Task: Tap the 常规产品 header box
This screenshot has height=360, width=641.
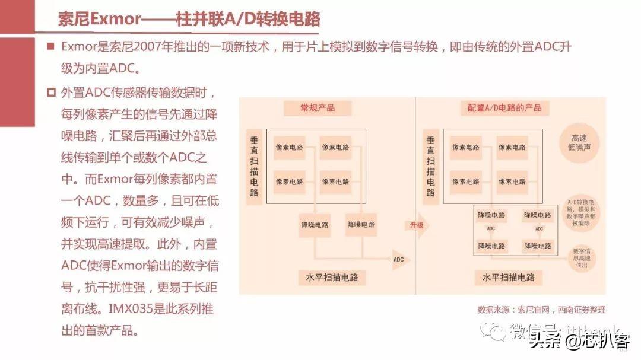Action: pyautogui.click(x=317, y=108)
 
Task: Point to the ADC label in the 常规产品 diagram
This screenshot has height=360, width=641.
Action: pyautogui.click(x=398, y=259)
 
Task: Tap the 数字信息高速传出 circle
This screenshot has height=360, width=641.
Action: pyautogui.click(x=581, y=258)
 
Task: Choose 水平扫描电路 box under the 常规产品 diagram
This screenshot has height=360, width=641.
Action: pyautogui.click(x=332, y=277)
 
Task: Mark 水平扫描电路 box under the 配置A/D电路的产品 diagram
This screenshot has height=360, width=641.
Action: pyautogui.click(x=509, y=277)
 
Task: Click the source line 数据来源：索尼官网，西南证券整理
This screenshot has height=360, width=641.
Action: pyautogui.click(x=541, y=310)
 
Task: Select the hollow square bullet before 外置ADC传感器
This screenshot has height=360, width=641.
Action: pyautogui.click(x=51, y=93)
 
